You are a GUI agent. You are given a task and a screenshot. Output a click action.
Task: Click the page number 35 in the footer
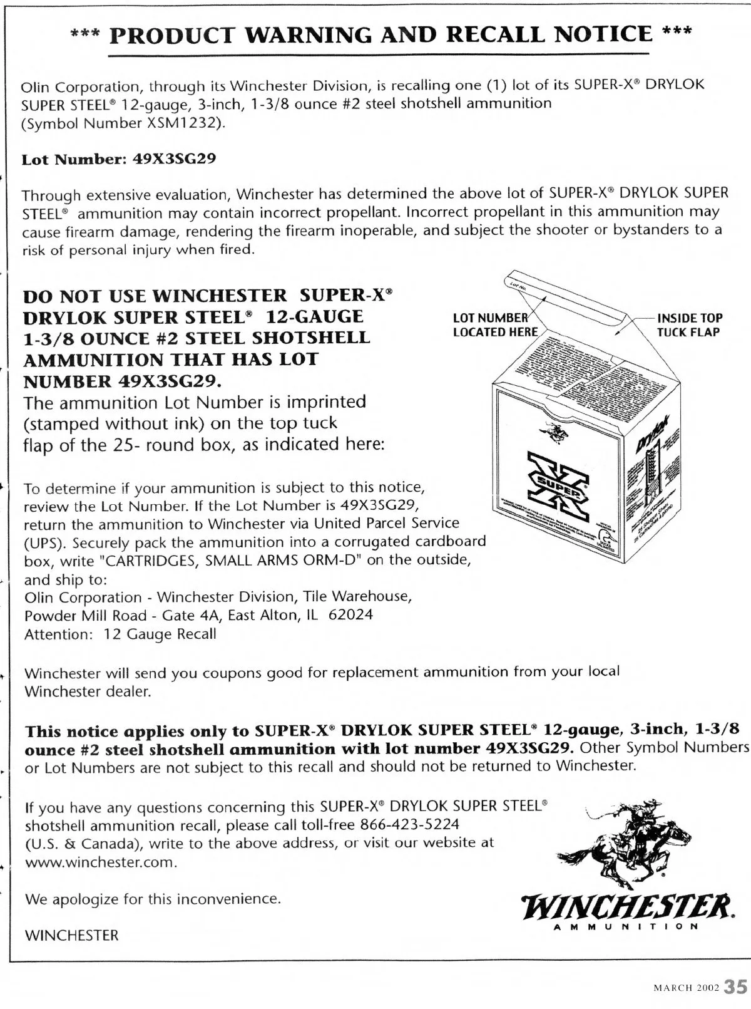(735, 987)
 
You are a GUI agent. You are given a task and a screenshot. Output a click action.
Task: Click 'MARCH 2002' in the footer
(686, 988)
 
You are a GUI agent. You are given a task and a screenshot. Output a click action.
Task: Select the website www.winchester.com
(99, 862)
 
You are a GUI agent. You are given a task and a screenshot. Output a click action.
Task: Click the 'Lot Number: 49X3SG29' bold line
(119, 158)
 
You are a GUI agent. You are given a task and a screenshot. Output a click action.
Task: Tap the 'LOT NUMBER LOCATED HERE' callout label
(494, 325)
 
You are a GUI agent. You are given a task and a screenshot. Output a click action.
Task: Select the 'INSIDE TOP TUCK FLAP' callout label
(689, 325)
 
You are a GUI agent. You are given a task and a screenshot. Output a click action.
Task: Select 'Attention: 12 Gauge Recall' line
(120, 634)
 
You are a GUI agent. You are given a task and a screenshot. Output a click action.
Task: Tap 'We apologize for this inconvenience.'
(153, 899)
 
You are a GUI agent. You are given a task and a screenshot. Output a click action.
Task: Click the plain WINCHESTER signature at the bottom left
(71, 936)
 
